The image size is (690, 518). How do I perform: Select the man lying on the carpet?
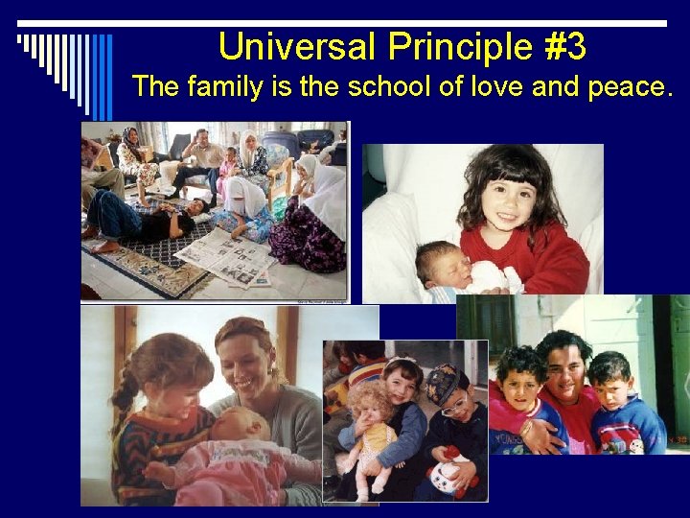pyautogui.click(x=144, y=218)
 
